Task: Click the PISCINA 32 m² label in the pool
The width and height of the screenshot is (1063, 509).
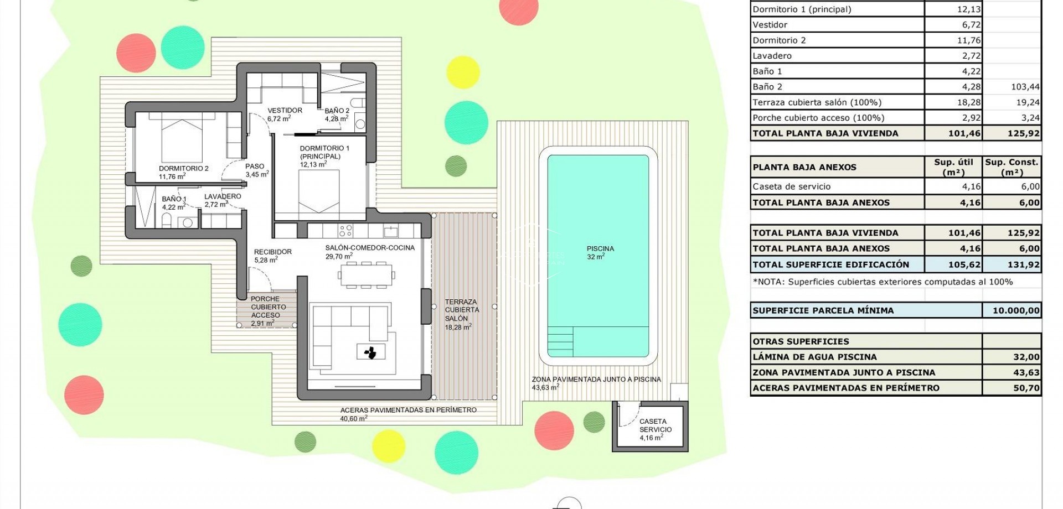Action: [600, 252]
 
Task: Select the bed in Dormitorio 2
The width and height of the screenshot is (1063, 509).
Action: [182, 141]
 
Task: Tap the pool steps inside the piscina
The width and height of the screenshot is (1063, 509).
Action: [560, 341]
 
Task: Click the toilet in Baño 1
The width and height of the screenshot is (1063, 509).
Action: [167, 221]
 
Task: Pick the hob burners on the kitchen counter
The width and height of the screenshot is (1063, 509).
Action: [345, 230]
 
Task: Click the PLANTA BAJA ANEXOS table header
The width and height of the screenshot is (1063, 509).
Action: [804, 167]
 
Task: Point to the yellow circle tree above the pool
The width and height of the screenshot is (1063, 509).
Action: [463, 72]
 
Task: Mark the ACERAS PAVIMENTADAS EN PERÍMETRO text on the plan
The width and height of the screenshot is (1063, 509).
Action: [408, 410]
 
